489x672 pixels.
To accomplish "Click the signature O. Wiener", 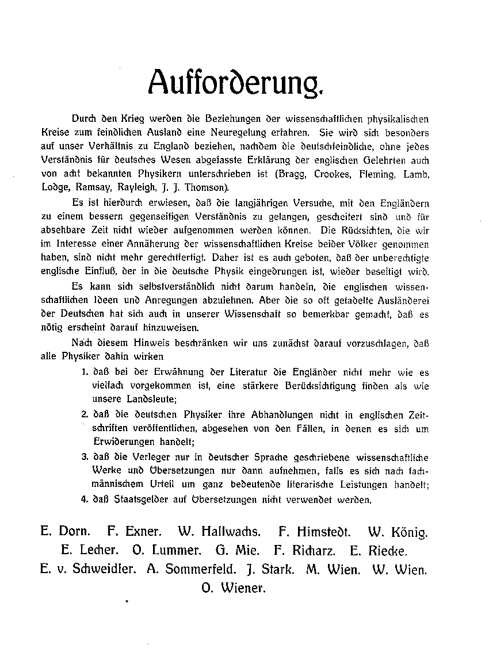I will click(x=233, y=588).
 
